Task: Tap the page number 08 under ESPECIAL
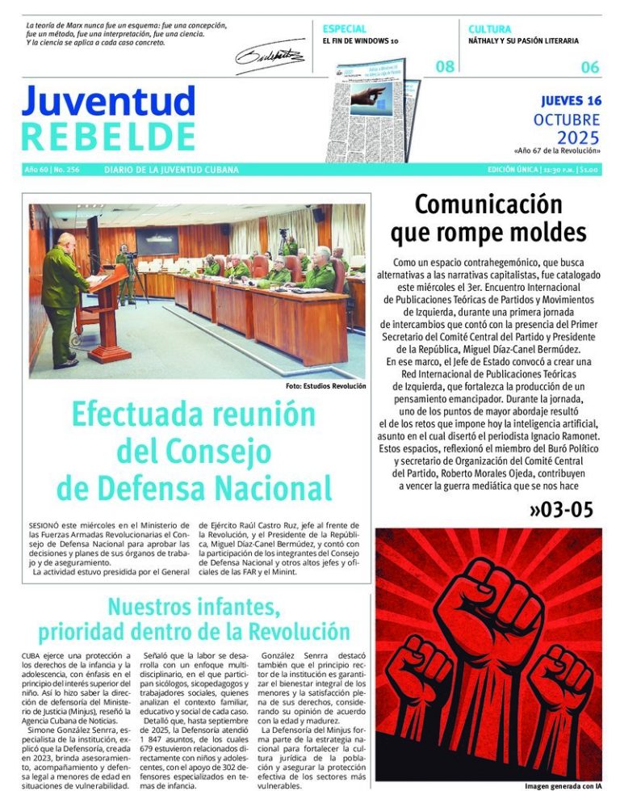445,67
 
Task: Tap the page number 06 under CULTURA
590,67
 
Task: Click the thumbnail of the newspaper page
375,111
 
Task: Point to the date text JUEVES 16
572,101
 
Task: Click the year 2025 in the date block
579,137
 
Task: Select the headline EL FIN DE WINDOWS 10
360,40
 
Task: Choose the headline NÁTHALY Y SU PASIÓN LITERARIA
523,40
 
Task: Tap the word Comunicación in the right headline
488,203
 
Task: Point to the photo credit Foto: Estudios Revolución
325,386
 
